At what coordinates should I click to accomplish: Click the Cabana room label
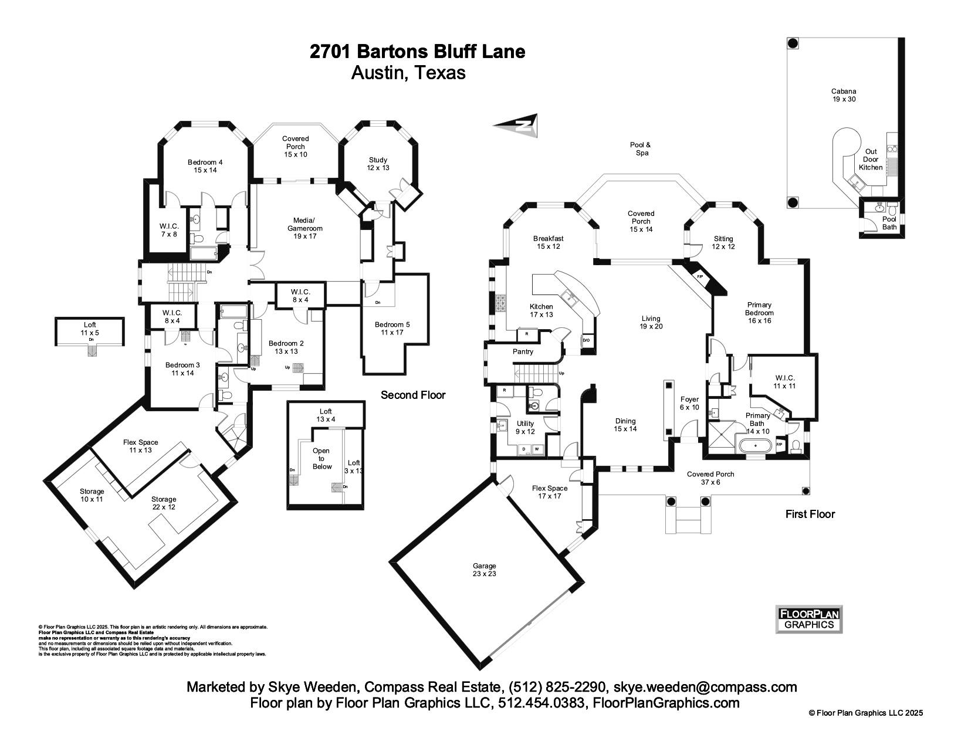(843, 95)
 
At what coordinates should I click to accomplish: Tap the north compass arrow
(516, 124)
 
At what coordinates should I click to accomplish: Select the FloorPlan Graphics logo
(809, 620)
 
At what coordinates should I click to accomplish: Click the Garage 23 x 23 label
(484, 570)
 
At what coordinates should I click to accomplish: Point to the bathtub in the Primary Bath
(756, 446)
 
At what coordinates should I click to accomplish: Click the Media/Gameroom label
(304, 228)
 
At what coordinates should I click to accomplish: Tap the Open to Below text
(321, 459)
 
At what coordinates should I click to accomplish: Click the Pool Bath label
(889, 223)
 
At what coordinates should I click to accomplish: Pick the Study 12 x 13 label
(378, 164)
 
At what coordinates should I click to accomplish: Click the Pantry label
(523, 352)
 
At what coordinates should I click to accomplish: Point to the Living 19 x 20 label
(651, 323)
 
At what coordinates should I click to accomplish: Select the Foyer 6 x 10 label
(689, 404)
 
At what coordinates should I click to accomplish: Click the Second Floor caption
(413, 395)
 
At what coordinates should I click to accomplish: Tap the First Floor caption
(810, 514)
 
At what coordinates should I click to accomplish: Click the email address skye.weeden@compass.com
(705, 687)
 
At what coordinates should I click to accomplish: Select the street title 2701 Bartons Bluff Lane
(417, 52)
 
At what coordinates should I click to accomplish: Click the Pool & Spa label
(640, 148)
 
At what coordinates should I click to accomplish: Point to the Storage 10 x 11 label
(92, 495)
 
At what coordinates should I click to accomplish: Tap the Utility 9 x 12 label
(525, 427)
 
